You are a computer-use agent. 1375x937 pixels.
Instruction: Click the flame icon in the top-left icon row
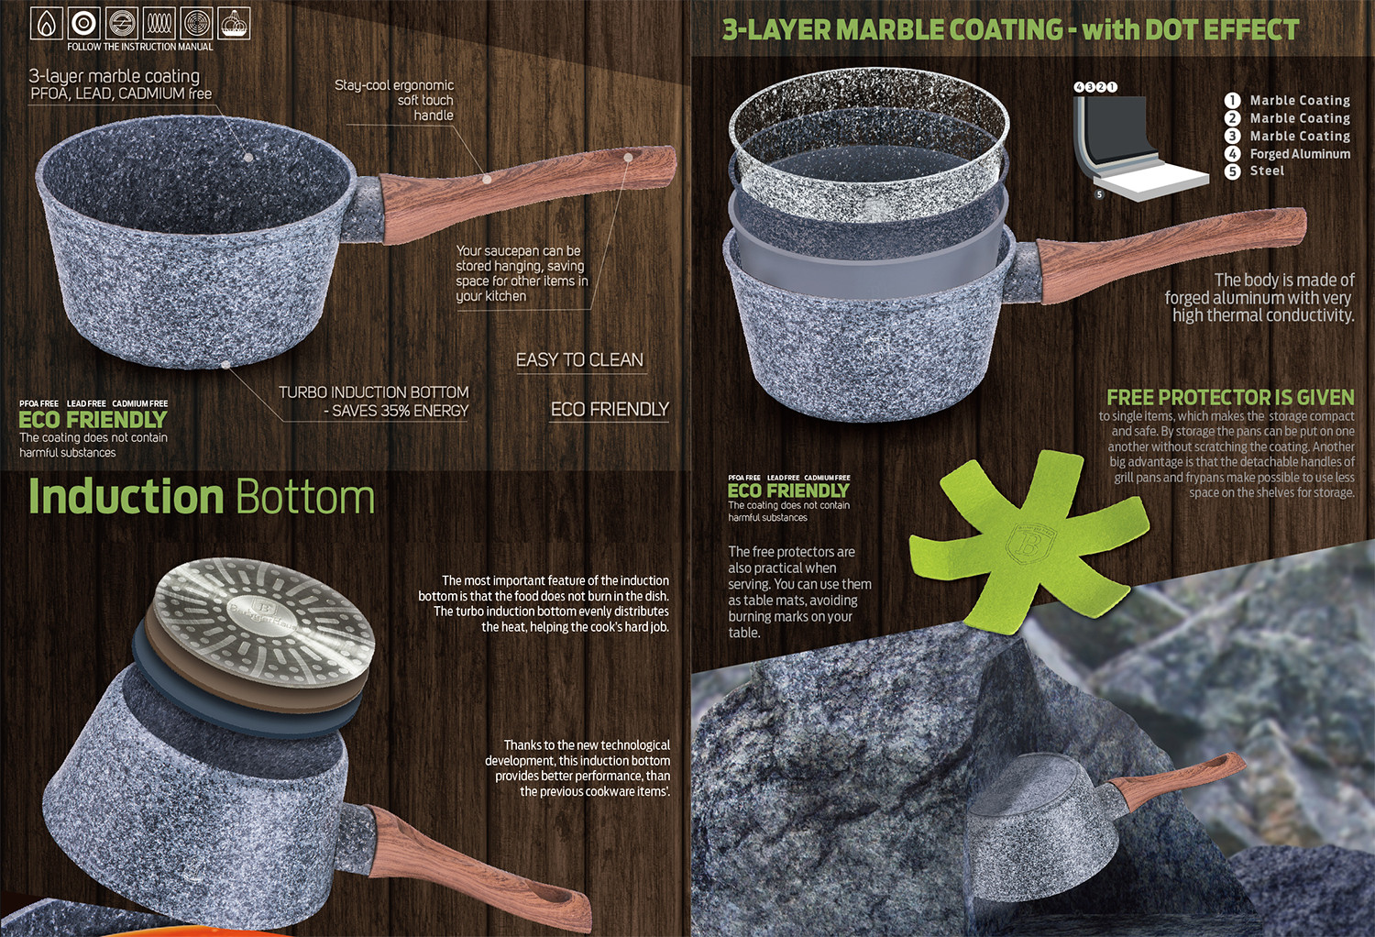(47, 23)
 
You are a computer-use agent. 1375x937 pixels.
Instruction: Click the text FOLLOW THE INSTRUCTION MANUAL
(140, 47)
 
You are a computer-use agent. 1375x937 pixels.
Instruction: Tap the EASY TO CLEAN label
(579, 359)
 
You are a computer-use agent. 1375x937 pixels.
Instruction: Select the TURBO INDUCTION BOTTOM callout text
(374, 402)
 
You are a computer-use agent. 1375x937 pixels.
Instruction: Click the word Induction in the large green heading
(126, 496)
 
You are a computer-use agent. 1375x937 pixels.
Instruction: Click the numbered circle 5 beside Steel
(1232, 171)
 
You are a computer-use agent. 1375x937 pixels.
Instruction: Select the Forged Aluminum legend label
(1300, 153)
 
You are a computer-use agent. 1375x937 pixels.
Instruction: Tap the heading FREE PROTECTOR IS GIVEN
(1230, 397)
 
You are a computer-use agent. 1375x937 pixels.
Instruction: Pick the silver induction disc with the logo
(264, 621)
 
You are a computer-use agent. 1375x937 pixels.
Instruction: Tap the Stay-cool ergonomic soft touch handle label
(394, 100)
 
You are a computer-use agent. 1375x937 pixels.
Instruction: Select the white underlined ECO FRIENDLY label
(610, 409)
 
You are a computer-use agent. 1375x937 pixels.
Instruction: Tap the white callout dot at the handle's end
(628, 158)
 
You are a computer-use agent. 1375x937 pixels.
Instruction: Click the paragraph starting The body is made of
(1259, 298)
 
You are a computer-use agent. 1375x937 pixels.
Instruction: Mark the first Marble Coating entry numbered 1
(1287, 100)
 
